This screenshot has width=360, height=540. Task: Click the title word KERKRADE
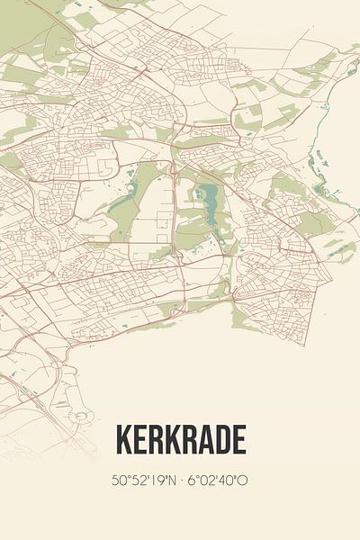[180, 441]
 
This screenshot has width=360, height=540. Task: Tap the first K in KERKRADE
[122, 441]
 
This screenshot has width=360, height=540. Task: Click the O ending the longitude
[243, 481]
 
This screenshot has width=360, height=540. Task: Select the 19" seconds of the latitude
[156, 481]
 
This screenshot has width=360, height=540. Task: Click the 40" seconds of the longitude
[229, 481]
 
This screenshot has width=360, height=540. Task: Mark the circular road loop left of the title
[83, 416]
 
